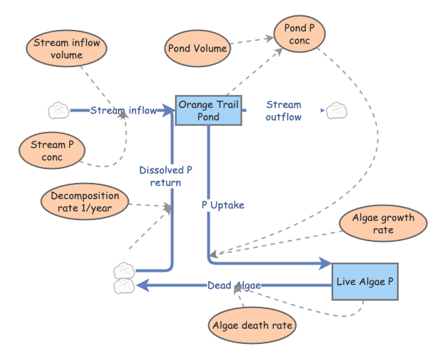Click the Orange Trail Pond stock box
tap(209, 110)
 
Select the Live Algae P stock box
tap(365, 281)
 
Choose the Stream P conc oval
tap(52, 151)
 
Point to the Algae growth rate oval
tap(383, 224)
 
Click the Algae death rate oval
tap(253, 326)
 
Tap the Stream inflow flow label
tap(123, 111)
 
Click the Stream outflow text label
tap(283, 111)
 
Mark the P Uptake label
tap(223, 205)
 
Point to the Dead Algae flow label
tap(234, 285)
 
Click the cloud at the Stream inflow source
tap(58, 111)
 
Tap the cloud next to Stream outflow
tap(336, 111)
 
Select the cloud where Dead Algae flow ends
tap(124, 286)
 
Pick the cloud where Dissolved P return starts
tap(124, 271)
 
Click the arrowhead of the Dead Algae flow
tap(143, 285)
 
